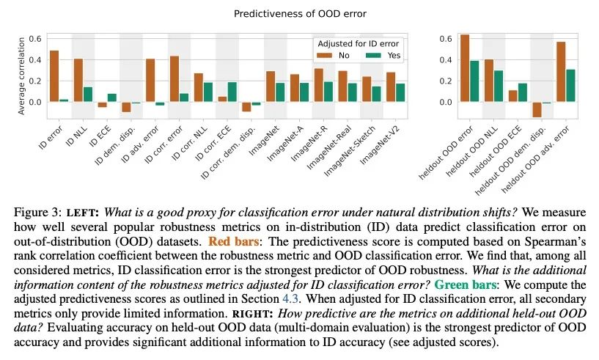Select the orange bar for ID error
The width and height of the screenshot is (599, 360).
click(54, 76)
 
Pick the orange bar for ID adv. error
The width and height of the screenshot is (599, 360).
click(150, 80)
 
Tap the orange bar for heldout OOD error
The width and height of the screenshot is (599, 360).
click(464, 67)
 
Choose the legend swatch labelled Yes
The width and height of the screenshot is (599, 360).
click(372, 55)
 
